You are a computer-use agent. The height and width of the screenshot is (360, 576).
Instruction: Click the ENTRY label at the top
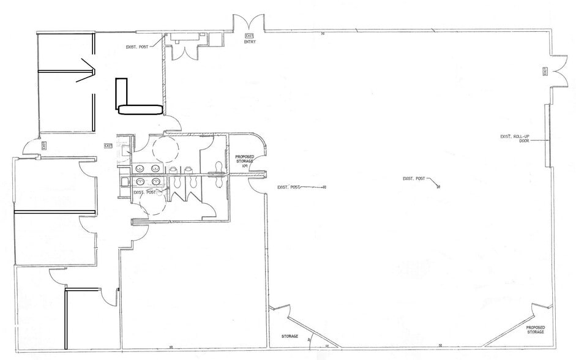coord(250,43)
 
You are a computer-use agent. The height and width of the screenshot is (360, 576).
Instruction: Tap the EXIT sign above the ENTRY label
coord(249,37)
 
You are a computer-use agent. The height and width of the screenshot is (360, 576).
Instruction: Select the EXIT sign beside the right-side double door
coord(545,72)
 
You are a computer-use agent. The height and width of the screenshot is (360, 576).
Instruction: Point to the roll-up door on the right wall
coord(547,135)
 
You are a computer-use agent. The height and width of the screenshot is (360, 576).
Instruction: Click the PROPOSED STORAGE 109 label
coord(244,161)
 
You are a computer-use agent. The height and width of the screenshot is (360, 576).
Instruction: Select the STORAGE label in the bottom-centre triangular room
coord(290,336)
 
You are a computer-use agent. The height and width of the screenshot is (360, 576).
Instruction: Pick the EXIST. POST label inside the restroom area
coord(143,193)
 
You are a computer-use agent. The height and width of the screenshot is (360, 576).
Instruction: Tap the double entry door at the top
coord(249,24)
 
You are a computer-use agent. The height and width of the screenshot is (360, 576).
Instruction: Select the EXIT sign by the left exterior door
coord(45,145)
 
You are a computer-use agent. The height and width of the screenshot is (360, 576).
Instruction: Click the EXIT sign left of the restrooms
coord(108,146)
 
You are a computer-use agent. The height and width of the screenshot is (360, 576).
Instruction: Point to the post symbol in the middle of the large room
coord(439,186)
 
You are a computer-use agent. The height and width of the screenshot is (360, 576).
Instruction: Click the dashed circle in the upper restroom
coord(164,147)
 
